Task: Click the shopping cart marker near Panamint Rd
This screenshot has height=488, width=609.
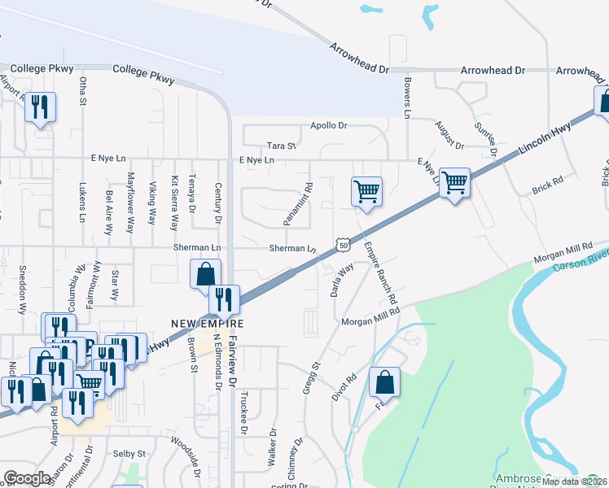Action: (366, 192)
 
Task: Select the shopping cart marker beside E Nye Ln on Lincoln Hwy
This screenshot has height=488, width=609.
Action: (454, 181)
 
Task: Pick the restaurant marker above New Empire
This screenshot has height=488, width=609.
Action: (223, 299)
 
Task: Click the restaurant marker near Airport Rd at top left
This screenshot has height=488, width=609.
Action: (40, 107)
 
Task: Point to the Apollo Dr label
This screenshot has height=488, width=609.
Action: (329, 126)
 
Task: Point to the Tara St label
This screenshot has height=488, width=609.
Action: (281, 146)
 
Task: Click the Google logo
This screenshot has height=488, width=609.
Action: (27, 477)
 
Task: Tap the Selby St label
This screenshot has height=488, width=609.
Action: (129, 453)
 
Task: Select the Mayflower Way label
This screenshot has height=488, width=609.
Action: (129, 203)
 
